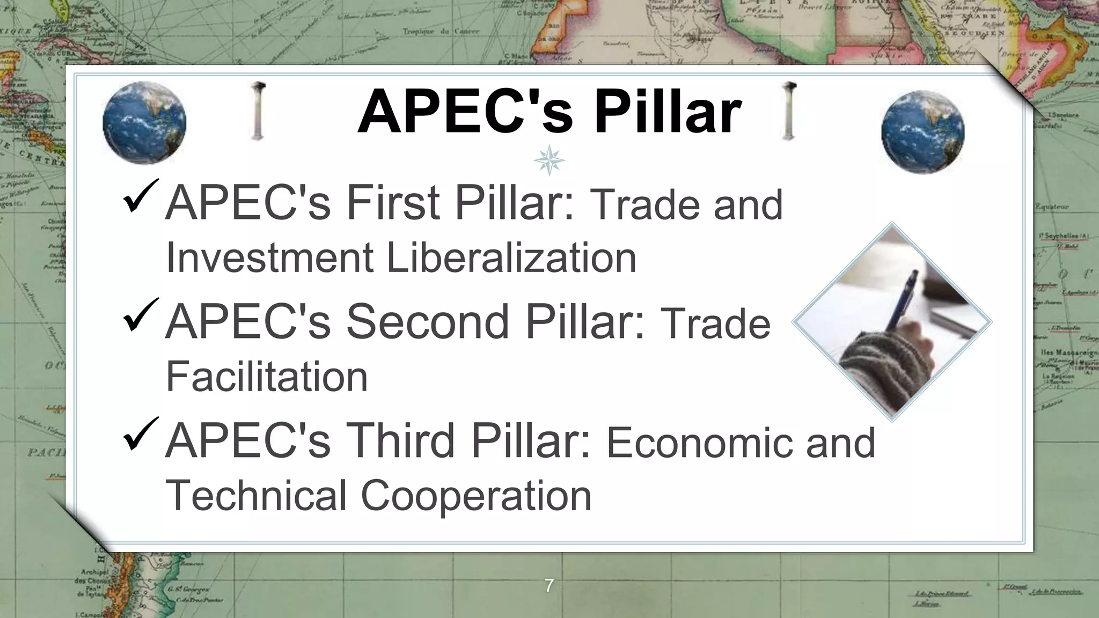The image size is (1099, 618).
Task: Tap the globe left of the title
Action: (144, 123)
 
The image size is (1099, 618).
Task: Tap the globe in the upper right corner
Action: (922, 132)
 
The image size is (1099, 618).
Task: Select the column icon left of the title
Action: (258, 111)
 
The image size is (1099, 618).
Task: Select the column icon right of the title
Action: (788, 111)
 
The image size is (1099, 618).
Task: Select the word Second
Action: (427, 322)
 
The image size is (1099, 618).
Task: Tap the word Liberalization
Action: (511, 258)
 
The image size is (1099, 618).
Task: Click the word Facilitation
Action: (267, 377)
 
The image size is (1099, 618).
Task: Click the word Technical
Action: (256, 496)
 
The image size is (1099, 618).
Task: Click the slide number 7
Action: (548, 585)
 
